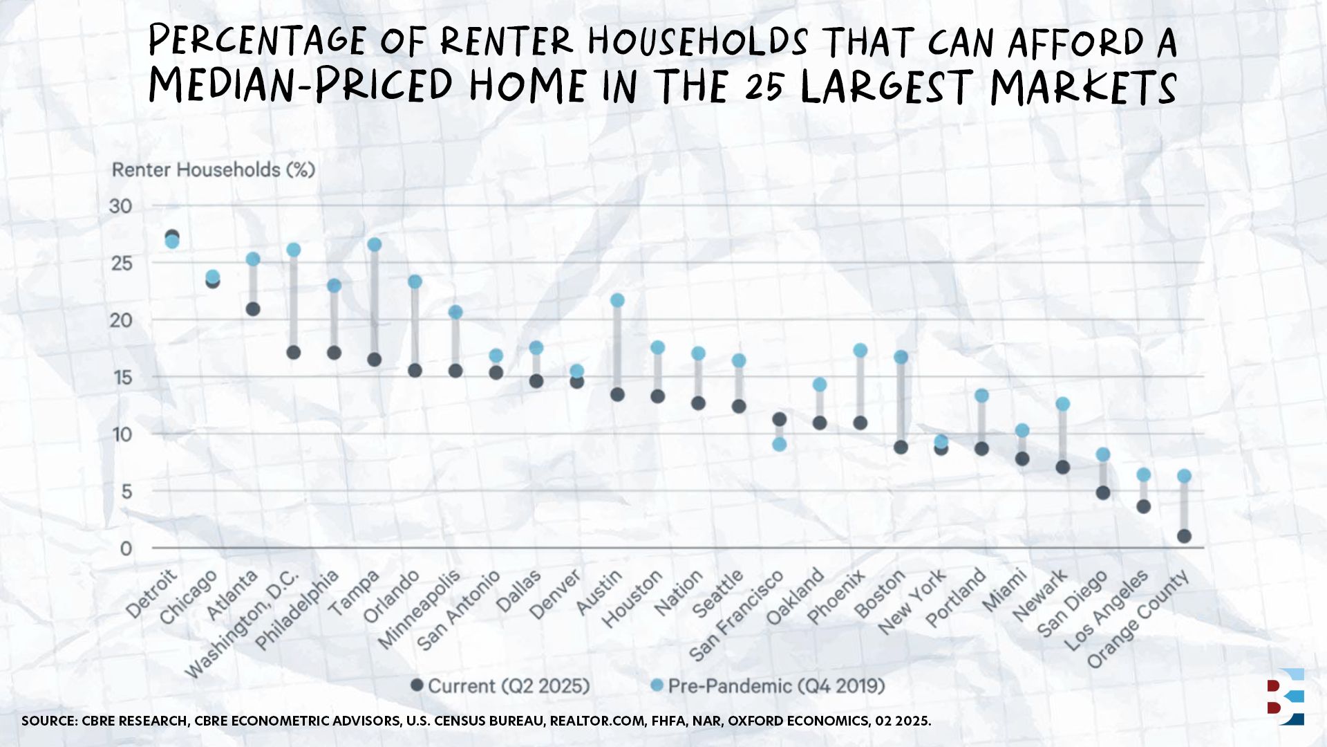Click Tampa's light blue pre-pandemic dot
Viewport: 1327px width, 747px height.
(375, 245)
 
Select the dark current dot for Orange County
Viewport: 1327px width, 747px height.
(1184, 536)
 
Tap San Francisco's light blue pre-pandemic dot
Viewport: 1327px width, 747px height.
(780, 444)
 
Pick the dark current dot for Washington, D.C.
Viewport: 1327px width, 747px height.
(294, 353)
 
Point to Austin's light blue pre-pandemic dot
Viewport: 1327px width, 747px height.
(617, 300)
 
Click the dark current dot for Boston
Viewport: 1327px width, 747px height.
(901, 448)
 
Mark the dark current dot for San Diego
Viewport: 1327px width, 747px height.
(1103, 493)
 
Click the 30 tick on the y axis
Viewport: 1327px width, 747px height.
(120, 206)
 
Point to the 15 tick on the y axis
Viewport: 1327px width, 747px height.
(121, 378)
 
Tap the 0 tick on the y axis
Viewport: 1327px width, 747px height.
(126, 548)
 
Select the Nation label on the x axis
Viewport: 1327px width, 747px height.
(679, 593)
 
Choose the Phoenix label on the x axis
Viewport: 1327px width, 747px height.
(836, 597)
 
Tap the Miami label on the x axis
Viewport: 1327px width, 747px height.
(1005, 591)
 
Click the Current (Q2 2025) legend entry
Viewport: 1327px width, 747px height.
(500, 686)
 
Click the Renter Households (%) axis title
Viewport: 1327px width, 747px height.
(214, 170)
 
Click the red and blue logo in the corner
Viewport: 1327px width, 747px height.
(1286, 697)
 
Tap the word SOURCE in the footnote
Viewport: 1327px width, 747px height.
(48, 721)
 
